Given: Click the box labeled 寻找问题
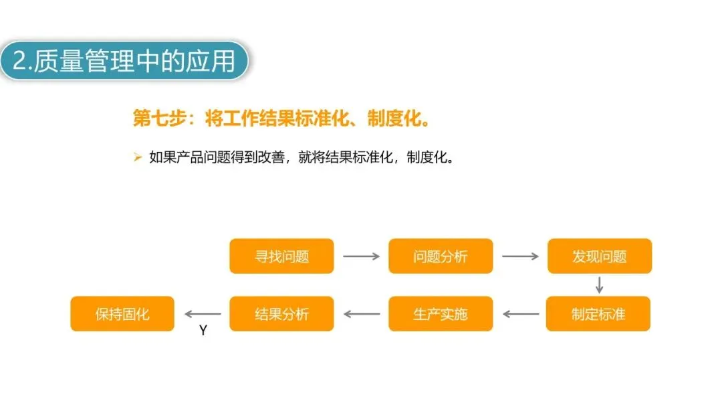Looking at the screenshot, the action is (281, 256).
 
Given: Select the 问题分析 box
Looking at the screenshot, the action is (441, 256).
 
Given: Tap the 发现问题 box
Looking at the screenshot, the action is (599, 256).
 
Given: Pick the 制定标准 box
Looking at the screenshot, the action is (598, 314).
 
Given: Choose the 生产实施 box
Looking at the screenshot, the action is (441, 314).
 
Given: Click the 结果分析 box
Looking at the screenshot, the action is (281, 314).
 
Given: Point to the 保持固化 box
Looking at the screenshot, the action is (122, 314).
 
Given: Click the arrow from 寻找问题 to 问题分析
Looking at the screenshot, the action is (361, 256).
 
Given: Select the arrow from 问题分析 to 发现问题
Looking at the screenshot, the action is (520, 256).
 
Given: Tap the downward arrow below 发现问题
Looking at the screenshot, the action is (600, 285).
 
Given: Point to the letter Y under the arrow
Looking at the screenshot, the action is (203, 331).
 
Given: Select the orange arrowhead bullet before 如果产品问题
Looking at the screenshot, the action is (138, 158).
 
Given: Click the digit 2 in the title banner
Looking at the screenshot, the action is (20, 62).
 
